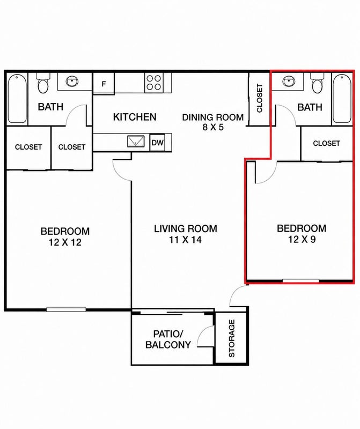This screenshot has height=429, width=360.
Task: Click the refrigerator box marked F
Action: [x=104, y=84]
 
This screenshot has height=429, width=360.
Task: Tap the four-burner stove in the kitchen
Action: [x=153, y=83]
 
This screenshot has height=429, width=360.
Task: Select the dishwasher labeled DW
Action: [x=157, y=142]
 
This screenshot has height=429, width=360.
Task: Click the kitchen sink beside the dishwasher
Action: [x=136, y=142]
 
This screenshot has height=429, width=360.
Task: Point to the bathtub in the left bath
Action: [x=17, y=99]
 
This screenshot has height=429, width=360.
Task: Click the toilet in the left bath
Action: [x=43, y=83]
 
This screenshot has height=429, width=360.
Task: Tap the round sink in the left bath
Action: [x=72, y=82]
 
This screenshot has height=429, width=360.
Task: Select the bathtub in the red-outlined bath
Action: [x=342, y=99]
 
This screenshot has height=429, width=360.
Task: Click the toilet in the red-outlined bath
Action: [x=318, y=83]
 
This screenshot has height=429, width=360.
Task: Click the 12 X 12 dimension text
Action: [x=65, y=242]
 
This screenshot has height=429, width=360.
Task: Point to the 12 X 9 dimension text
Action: [x=302, y=240]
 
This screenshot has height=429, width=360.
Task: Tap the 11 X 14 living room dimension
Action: [x=185, y=240]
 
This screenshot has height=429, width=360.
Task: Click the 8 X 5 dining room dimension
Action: [x=213, y=127]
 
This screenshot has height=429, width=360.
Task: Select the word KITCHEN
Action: [x=135, y=117]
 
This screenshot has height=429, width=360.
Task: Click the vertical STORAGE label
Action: [x=232, y=338]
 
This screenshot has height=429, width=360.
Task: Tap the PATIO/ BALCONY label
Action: [x=168, y=339]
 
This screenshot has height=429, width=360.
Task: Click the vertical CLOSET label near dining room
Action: [x=260, y=98]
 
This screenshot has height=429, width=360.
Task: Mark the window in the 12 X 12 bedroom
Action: [x=66, y=310]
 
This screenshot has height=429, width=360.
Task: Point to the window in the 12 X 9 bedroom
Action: [x=300, y=280]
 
